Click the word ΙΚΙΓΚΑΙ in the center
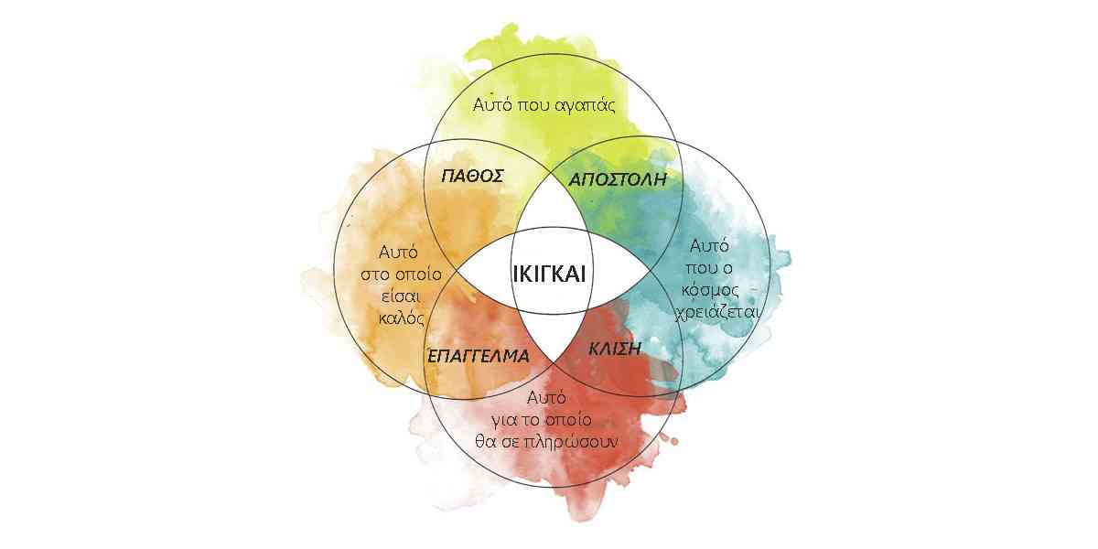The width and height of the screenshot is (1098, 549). tap(549, 273)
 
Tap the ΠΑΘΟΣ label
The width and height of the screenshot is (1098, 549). tap(472, 176)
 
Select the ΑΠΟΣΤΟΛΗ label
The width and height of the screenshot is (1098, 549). tap(618, 179)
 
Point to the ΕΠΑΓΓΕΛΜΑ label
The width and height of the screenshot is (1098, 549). tap(479, 356)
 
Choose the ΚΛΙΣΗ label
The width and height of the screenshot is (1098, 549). tap(614, 349)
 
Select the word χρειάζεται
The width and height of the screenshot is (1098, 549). tap(717, 312)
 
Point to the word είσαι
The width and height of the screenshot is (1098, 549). tap(402, 296)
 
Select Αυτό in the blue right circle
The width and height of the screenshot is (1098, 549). tap(709, 246)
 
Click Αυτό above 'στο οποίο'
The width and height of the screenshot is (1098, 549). tap(399, 253)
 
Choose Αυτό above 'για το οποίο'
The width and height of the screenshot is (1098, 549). tap(546, 397)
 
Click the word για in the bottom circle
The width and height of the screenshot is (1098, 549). tap(504, 421)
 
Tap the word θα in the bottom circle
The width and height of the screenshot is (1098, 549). tap(485, 442)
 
